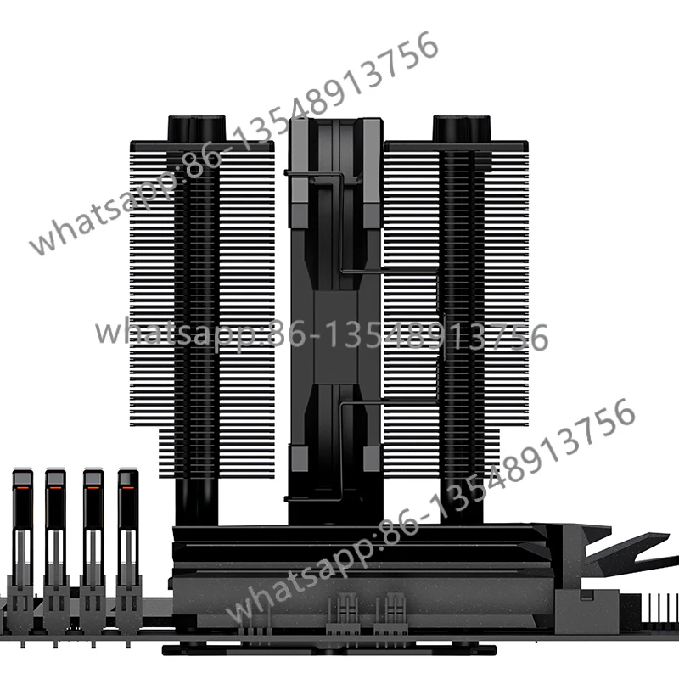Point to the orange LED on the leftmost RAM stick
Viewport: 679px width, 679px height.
(x=20, y=490)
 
